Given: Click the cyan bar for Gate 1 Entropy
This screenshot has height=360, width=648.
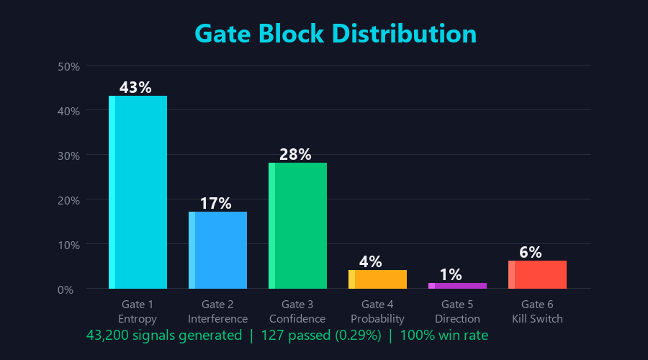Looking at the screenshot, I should point(138,192).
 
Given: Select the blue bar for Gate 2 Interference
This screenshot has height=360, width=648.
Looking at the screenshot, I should point(217,250).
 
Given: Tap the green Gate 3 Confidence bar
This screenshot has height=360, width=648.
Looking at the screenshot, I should point(297,225).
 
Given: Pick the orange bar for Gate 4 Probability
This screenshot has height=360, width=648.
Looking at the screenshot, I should point(377,279).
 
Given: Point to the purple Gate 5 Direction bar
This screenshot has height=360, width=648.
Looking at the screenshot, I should point(457,286).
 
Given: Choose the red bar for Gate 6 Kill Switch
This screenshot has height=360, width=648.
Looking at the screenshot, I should point(537,274).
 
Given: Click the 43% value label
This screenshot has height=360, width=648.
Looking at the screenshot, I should point(135,87).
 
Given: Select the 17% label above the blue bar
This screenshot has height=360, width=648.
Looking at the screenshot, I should point(215,203).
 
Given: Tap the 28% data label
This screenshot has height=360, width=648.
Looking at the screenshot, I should point(295,154).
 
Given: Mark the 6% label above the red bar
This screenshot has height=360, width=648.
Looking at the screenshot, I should point(530,252).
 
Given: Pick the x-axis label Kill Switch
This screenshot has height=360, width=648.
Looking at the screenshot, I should point(537,318).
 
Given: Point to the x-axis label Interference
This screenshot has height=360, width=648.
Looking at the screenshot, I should point(217,318).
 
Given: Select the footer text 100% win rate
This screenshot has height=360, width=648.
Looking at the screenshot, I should point(444,335).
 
